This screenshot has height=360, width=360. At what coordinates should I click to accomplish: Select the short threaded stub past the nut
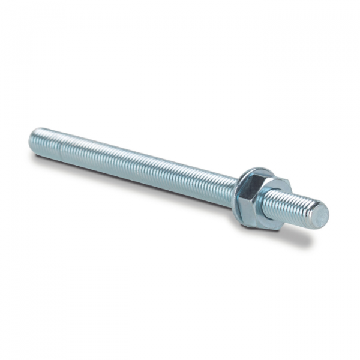point(297,208)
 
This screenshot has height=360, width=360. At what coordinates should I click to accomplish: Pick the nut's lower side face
point(264,220)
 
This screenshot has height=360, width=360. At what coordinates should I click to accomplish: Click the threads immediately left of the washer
point(225,185)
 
